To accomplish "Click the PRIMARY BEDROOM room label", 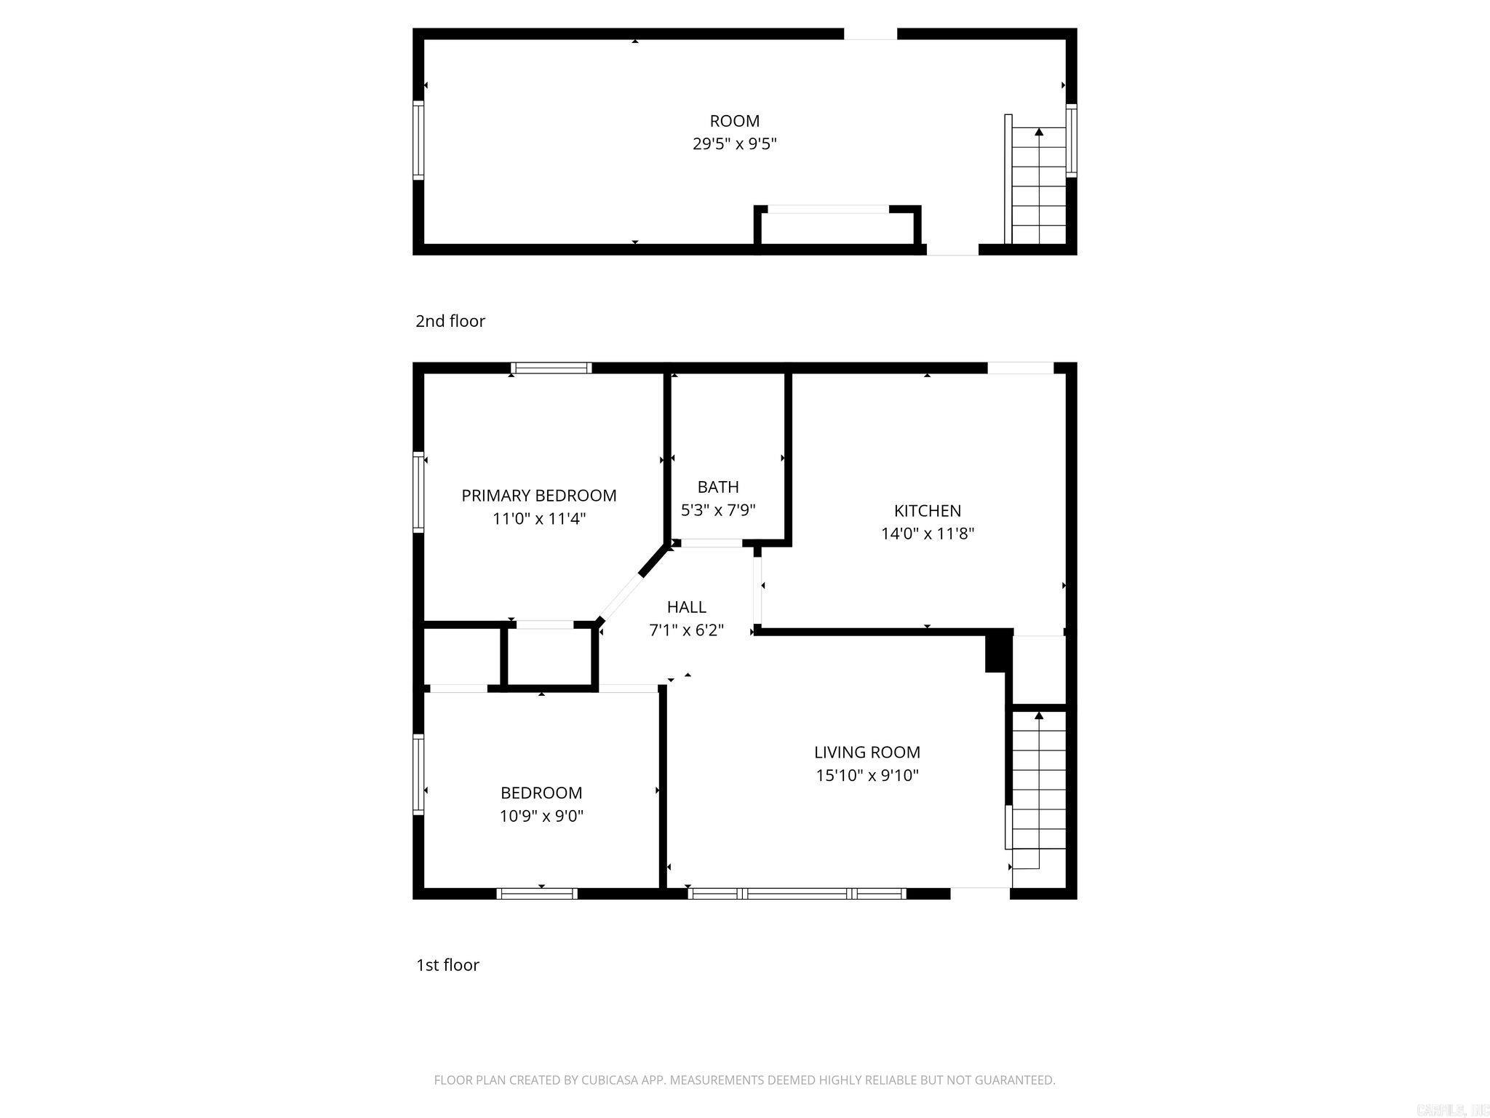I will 538,496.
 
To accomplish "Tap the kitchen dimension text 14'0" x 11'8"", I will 927,534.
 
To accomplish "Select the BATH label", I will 717,487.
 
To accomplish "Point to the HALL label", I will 686,607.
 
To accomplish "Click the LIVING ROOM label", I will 866,752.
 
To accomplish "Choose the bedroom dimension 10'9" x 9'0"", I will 541,816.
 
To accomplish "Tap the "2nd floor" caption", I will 450,321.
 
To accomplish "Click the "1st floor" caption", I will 447,965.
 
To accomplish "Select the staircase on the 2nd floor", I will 1038,186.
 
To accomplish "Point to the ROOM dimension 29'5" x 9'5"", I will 734,144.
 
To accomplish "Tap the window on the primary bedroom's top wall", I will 551,368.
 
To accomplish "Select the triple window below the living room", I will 797,893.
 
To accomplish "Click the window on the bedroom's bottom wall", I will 537,893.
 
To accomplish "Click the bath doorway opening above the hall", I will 711,543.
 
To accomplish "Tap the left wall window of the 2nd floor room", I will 418,140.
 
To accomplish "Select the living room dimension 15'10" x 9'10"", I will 866,775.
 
